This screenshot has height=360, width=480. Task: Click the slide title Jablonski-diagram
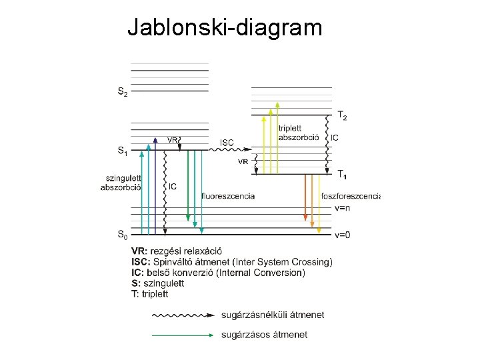[225, 27]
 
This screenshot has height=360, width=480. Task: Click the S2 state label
[123, 91]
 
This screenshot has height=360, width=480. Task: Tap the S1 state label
[123, 151]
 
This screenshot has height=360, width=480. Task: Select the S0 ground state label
[123, 234]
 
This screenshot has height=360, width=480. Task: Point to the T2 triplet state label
[341, 116]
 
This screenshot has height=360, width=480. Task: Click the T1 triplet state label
[341, 175]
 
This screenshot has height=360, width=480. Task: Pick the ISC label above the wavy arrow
[227, 142]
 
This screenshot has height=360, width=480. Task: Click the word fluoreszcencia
[227, 195]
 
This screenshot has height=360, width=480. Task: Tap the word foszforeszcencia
[350, 195]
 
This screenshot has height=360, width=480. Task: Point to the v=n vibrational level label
[342, 208]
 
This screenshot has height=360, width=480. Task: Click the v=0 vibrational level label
[342, 234]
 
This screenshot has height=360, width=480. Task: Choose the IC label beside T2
[335, 138]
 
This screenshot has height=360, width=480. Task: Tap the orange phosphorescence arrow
[305, 197]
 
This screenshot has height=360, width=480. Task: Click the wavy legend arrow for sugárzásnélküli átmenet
[183, 314]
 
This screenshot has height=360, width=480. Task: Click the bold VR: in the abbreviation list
[139, 251]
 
